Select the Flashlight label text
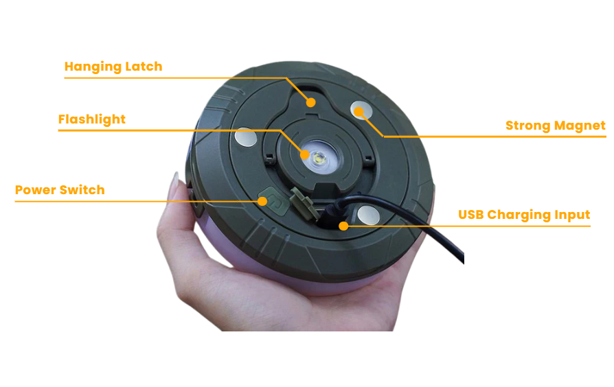[92, 119]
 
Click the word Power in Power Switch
[35, 190]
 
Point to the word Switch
[82, 190]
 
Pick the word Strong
[528, 126]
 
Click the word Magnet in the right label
[580, 125]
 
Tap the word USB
[470, 215]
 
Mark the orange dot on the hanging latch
[310, 102]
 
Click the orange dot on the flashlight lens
[305, 154]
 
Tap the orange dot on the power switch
[262, 201]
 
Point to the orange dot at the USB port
[343, 226]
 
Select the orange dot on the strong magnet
[359, 113]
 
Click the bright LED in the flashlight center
[319, 159]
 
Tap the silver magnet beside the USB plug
[369, 215]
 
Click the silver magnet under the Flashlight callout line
[245, 137]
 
